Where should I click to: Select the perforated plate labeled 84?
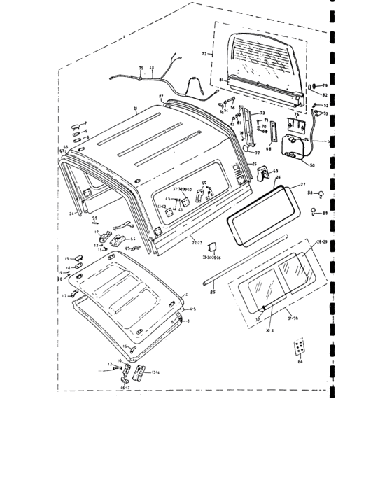pyautogui.click(x=300, y=349)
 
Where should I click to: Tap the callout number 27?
pyautogui.click(x=303, y=185)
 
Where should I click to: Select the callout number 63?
pyautogui.click(x=275, y=170)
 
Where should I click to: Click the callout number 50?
pyautogui.click(x=311, y=165)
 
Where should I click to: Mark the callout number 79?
pyautogui.click(x=325, y=85)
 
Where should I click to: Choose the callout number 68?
pyautogui.click(x=269, y=148)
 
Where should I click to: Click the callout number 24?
pyautogui.click(x=71, y=213)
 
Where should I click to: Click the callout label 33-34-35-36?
pyautogui.click(x=210, y=258)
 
